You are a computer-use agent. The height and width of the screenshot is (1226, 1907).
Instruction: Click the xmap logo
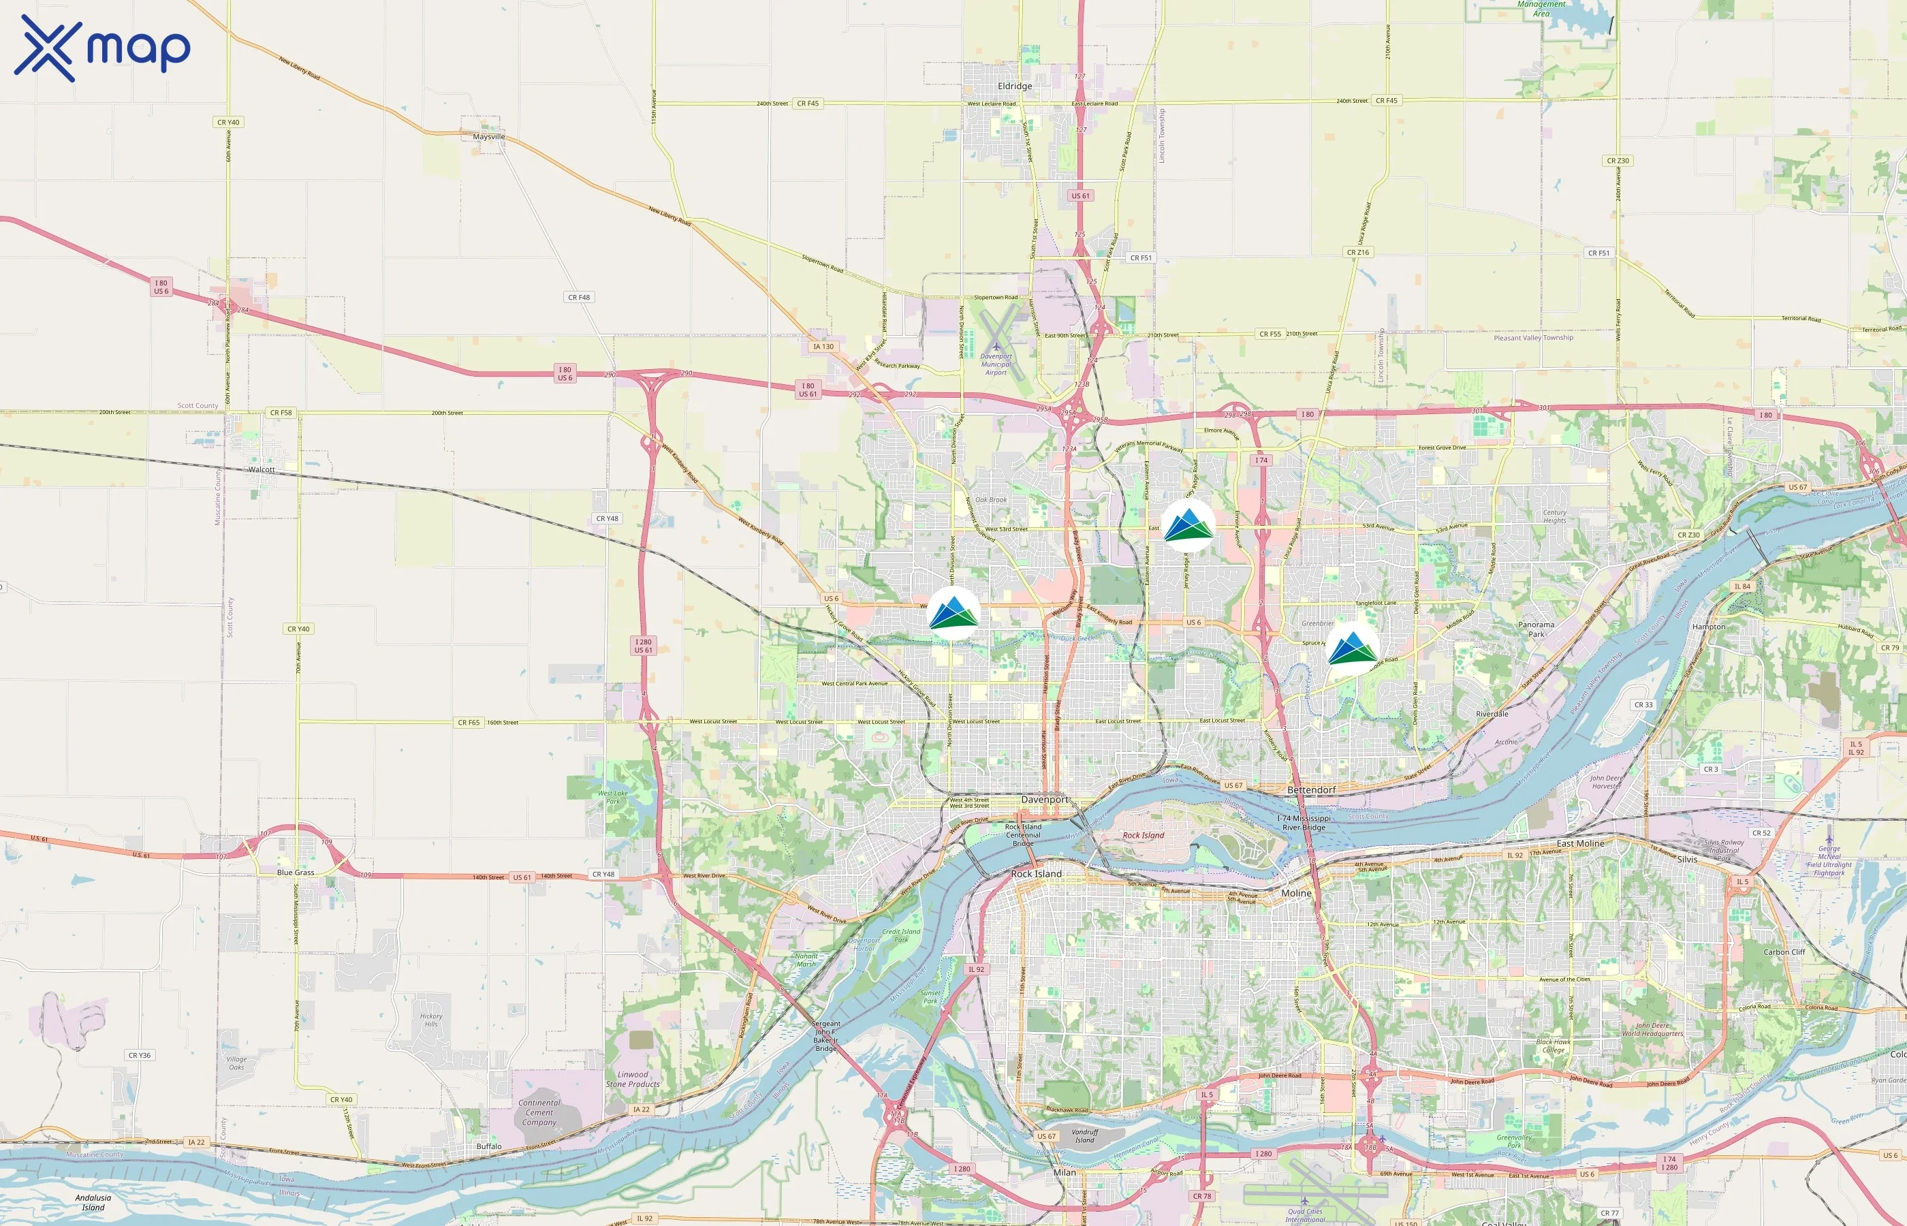click(102, 48)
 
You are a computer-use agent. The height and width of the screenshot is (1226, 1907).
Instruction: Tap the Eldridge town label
click(1015, 86)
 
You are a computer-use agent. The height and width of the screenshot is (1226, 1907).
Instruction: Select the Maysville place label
click(489, 137)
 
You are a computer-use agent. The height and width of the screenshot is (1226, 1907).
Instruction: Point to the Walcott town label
click(261, 470)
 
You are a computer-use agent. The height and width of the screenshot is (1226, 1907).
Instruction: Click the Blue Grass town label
click(296, 873)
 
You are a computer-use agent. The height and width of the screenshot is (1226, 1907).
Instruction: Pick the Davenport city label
click(1045, 800)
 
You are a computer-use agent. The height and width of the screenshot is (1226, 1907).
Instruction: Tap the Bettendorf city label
click(1312, 789)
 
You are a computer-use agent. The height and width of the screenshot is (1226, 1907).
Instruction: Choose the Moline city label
click(1296, 893)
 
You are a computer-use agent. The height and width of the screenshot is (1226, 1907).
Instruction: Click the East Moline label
click(1580, 843)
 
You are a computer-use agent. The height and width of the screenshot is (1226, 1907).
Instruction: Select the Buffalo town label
click(489, 1146)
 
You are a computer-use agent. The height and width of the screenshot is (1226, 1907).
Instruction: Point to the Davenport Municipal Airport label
click(996, 364)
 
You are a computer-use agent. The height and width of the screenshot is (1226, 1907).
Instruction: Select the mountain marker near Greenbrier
click(1352, 649)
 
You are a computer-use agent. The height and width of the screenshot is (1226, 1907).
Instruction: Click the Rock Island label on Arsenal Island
click(1143, 835)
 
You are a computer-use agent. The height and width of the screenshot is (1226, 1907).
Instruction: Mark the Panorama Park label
click(1536, 629)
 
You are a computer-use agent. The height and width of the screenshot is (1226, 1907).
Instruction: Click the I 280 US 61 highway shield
click(643, 646)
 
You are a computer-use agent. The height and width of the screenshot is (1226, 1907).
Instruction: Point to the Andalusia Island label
click(93, 1202)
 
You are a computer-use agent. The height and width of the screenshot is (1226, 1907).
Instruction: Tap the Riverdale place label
click(1492, 714)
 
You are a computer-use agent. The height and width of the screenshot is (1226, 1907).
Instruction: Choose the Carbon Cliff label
click(1784, 952)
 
